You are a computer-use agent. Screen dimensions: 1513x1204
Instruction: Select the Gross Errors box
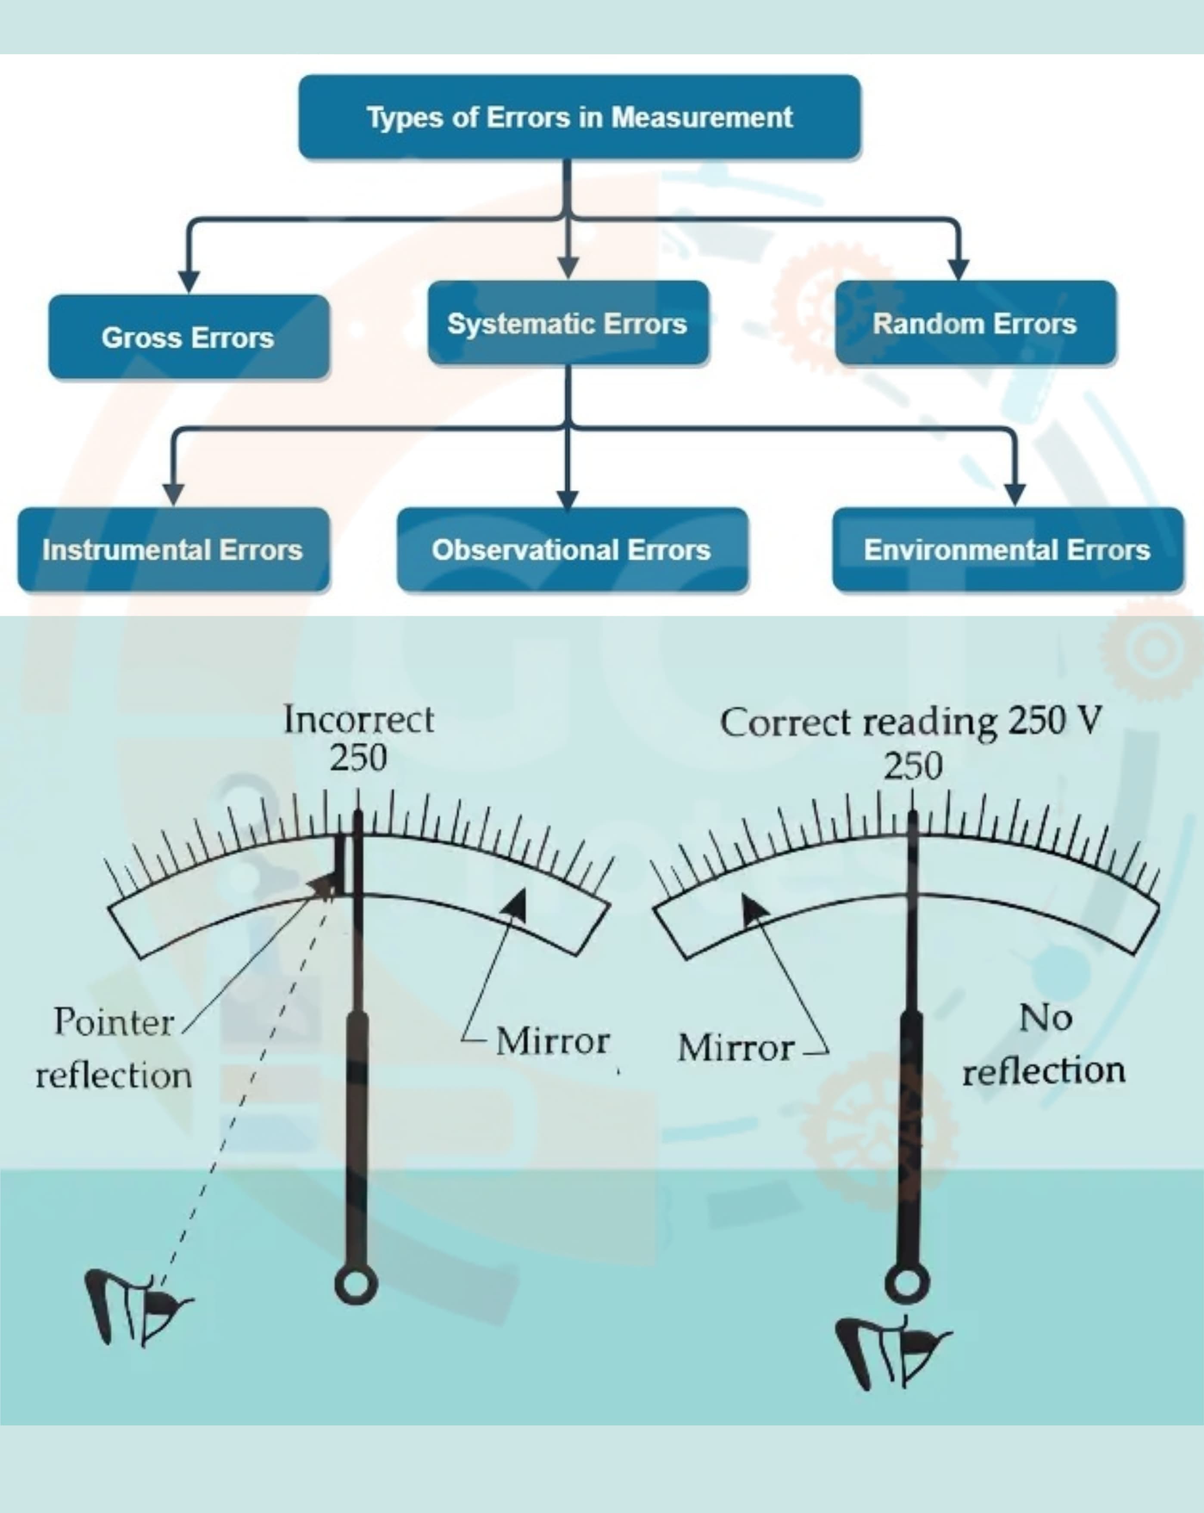click(x=188, y=337)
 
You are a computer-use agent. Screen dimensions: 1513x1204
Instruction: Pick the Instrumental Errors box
click(x=173, y=549)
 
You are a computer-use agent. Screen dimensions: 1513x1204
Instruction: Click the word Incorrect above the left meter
click(x=359, y=720)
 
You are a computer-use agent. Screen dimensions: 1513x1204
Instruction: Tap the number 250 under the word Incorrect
click(x=358, y=758)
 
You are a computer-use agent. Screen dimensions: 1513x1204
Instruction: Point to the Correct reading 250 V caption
click(x=911, y=722)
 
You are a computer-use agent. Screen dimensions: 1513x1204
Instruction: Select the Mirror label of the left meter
click(x=552, y=1041)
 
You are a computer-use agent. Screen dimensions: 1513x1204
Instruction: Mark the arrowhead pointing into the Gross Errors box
click(x=188, y=282)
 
